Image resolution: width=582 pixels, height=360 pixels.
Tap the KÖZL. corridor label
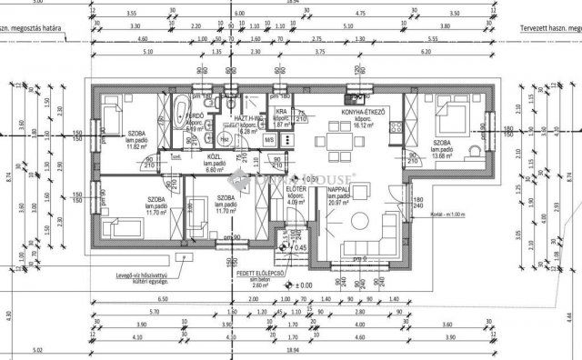coord(216,156)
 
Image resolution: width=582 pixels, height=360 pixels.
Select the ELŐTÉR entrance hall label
coord(295,189)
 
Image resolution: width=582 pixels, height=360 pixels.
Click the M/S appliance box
coord(270,139)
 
